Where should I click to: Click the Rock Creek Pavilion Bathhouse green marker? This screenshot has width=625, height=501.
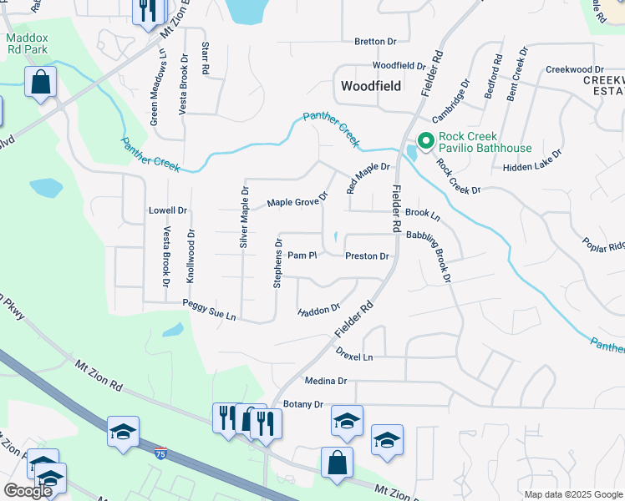pos(424,141)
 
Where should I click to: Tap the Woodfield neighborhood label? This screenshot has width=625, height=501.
pos(371,86)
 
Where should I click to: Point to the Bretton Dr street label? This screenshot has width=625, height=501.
pos(374,41)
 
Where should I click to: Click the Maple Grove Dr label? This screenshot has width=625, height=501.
pos(297,201)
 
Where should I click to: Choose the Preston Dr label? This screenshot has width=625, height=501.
pos(367,256)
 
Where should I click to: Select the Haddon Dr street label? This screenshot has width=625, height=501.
pos(319,311)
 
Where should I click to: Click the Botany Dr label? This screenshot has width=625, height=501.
pos(302,404)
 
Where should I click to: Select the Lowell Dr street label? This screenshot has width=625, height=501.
pos(167,210)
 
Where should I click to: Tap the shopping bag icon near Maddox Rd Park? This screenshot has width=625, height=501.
pos(40,83)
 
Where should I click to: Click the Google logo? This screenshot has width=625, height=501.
pos(28,491)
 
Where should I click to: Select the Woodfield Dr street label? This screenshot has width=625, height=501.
pos(399,65)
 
